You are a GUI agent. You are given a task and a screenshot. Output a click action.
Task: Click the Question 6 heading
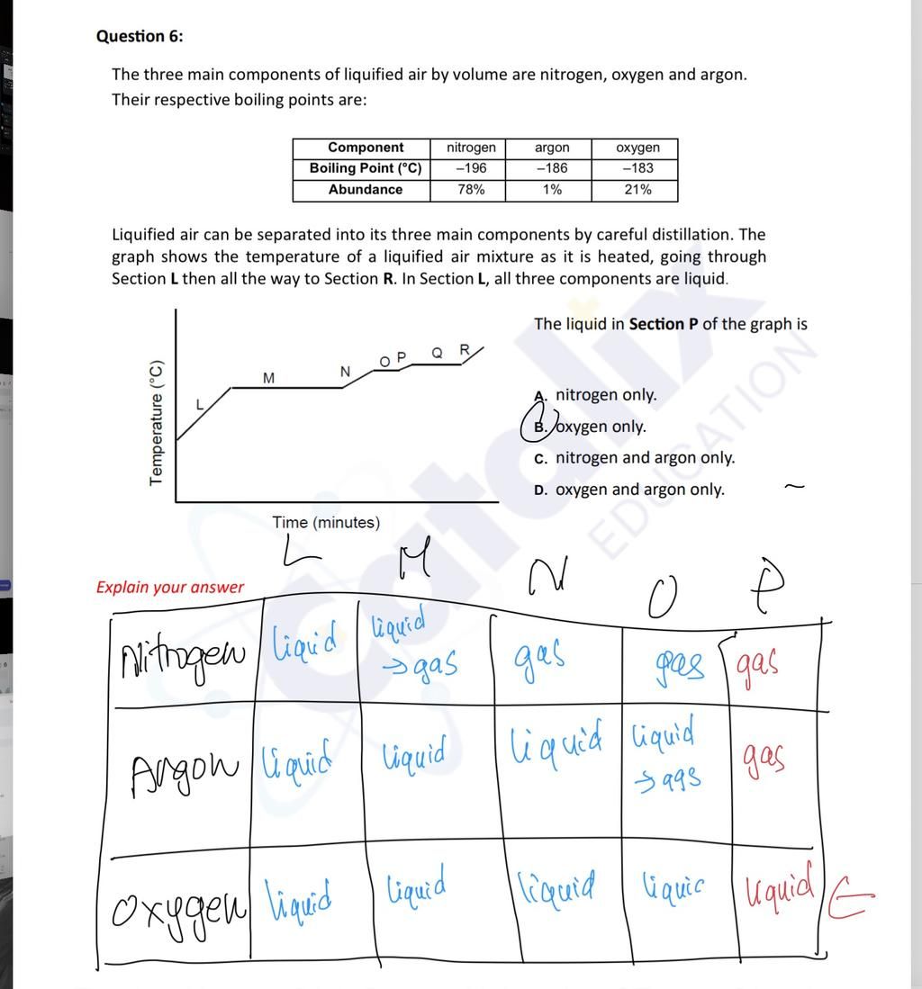click(140, 36)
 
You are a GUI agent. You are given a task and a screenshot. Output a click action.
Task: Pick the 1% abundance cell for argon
click(551, 190)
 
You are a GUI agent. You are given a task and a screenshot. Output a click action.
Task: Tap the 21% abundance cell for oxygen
click(637, 190)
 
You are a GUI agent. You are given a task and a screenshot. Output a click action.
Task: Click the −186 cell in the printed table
click(551, 168)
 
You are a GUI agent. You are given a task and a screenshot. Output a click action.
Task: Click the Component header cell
click(365, 148)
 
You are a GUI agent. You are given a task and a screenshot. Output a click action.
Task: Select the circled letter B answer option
click(538, 427)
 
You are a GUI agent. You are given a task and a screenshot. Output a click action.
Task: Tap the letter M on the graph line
click(268, 378)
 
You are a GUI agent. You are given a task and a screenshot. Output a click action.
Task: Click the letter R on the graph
click(465, 349)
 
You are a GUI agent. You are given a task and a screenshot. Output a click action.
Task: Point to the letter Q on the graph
click(437, 353)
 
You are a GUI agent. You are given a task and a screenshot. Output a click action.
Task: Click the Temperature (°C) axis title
click(158, 422)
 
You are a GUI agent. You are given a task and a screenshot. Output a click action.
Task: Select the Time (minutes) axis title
click(326, 523)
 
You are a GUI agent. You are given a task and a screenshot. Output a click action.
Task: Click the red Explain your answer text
click(170, 588)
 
